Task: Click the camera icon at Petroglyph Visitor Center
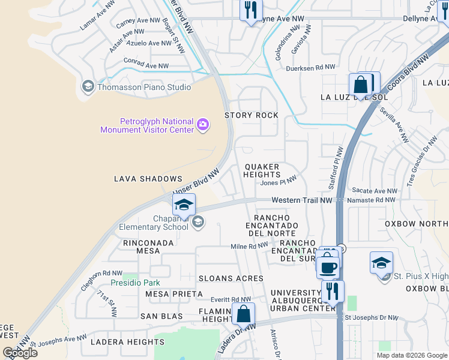click(203, 125)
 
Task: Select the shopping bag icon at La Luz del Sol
click(361, 85)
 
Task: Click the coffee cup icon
click(328, 267)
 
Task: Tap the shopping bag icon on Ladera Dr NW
click(243, 314)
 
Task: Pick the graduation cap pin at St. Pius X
click(381, 263)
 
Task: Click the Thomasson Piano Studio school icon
click(88, 87)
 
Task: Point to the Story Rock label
click(252, 115)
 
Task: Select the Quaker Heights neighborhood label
click(262, 170)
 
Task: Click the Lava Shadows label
click(148, 179)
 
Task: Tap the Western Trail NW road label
click(301, 200)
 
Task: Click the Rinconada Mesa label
click(148, 243)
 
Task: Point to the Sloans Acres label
click(231, 278)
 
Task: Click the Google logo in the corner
click(20, 353)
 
